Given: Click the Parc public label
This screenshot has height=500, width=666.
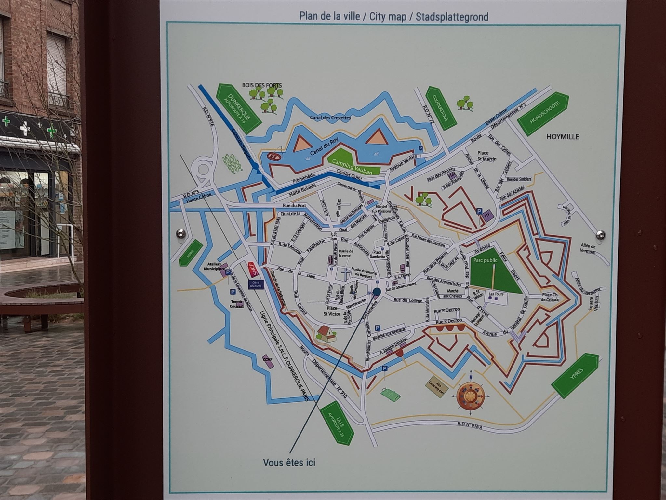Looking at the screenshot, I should (486, 261).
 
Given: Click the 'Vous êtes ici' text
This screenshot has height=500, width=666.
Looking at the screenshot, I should (289, 462).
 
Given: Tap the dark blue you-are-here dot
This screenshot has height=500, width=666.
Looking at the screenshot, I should (377, 291).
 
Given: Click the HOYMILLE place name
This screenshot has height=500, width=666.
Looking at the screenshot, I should (563, 137).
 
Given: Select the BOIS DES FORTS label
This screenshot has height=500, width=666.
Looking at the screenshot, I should (262, 85).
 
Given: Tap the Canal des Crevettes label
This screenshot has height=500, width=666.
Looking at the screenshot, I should (330, 118).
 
